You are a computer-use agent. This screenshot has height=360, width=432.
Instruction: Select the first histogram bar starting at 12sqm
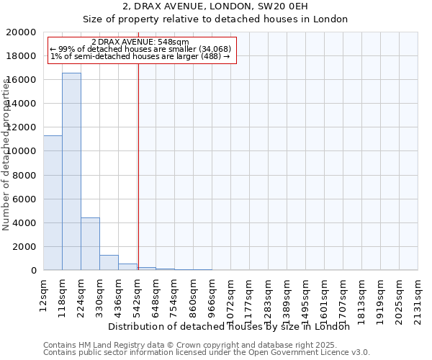click(53, 202)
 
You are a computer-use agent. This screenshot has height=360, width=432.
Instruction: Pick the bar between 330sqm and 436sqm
click(109, 262)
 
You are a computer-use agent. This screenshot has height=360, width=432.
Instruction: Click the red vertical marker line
click(138, 166)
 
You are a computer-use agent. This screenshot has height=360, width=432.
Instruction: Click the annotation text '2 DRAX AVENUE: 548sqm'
click(140, 42)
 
